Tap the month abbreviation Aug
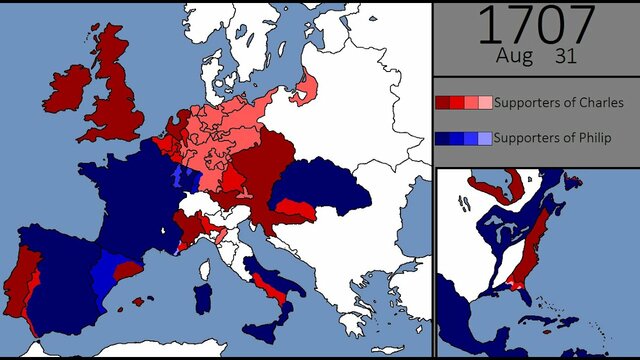pyautogui.click(x=516, y=57)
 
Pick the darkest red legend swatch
pyautogui.click(x=442, y=102)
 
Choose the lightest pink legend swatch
pyautogui.click(x=485, y=102)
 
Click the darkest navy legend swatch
pyautogui.click(x=442, y=138)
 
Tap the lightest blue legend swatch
pyautogui.click(x=485, y=138)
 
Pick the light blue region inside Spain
pyautogui.click(x=104, y=276)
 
